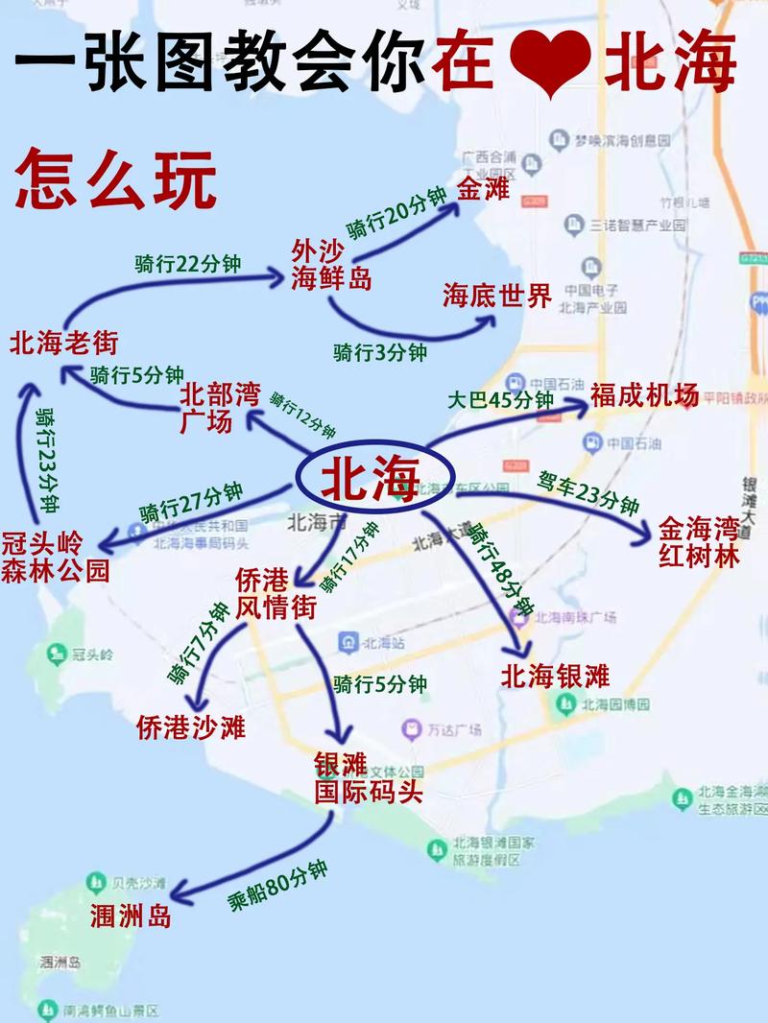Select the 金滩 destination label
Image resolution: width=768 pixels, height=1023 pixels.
[482, 188]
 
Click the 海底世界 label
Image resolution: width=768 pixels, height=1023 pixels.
[496, 296]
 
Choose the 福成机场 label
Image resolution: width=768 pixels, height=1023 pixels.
[644, 395]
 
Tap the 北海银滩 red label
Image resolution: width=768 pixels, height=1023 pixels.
[555, 676]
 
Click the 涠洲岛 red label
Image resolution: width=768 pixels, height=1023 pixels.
[131, 916]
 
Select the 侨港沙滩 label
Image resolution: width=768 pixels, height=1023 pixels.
[191, 726]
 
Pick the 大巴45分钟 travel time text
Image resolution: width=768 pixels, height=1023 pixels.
[500, 399]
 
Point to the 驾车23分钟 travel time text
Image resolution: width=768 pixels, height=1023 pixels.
[588, 490]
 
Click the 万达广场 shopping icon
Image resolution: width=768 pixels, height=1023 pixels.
[413, 730]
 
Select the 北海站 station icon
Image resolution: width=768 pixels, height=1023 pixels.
[348, 640]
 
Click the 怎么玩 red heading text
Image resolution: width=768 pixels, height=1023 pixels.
[115, 179]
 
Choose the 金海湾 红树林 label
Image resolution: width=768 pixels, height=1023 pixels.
[699, 541]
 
